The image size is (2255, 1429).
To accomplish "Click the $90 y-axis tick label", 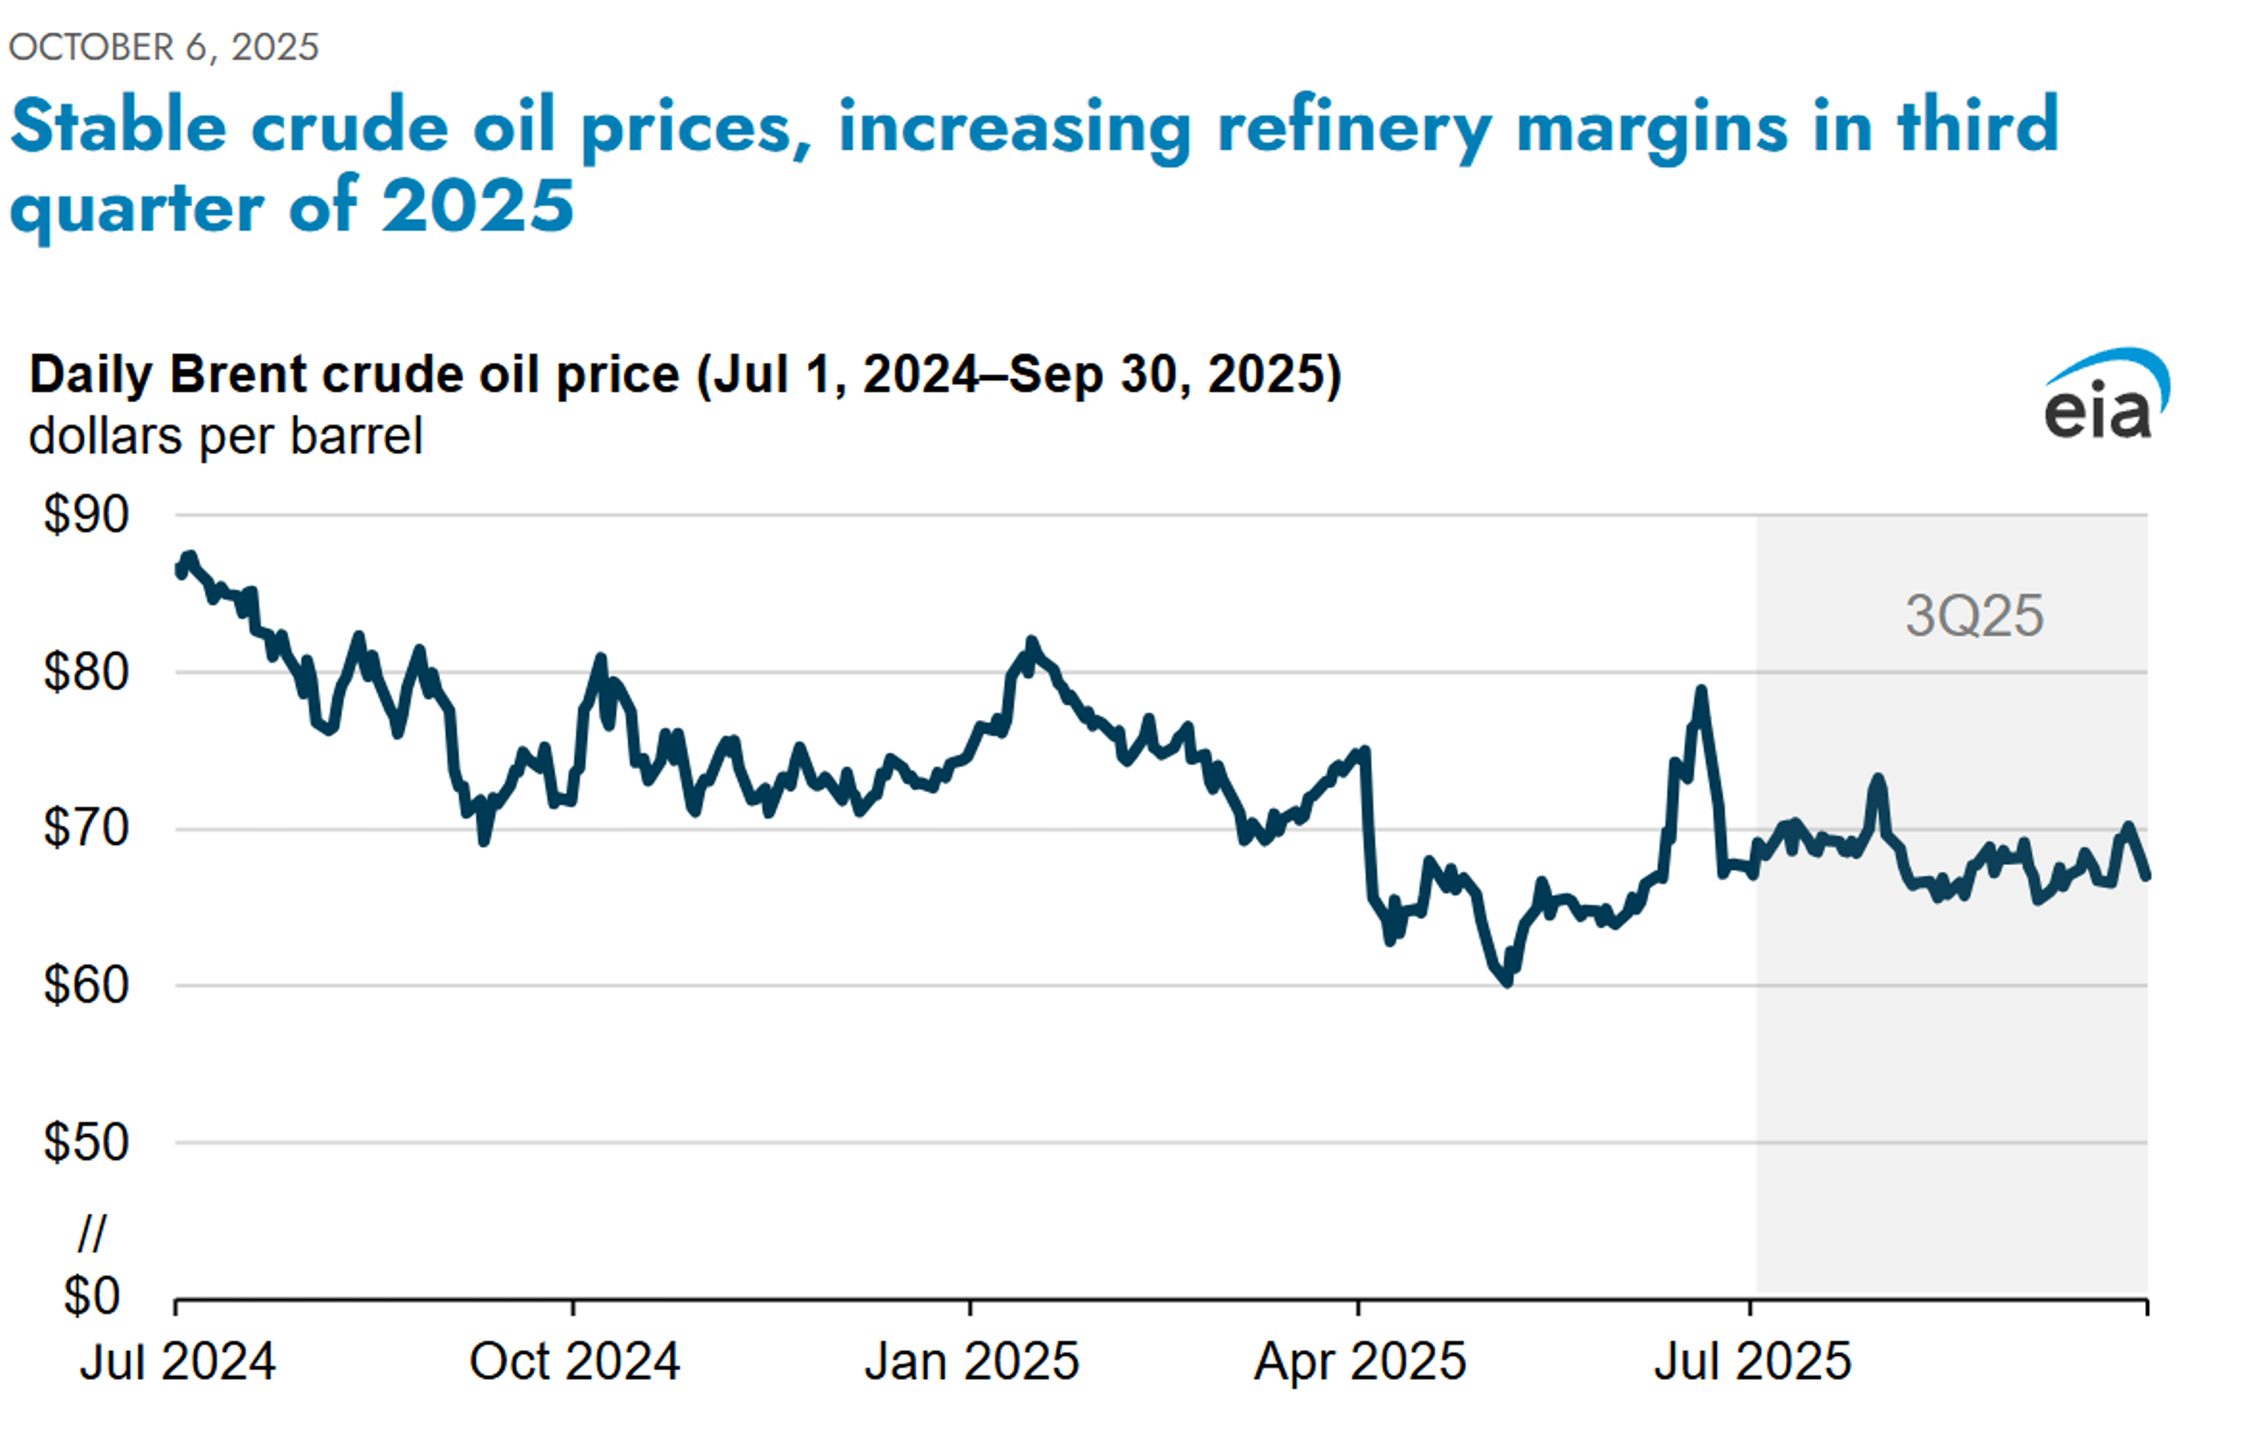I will coord(86,515).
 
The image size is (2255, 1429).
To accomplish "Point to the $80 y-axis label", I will coord(86,672).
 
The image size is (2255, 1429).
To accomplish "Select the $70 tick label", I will coord(86,829).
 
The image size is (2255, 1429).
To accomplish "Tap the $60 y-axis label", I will coord(86,986).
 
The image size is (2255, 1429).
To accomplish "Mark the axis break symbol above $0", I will coord(92,1233).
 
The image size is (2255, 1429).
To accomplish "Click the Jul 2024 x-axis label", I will coord(178,1361).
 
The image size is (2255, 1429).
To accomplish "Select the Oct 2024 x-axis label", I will coord(574,1361).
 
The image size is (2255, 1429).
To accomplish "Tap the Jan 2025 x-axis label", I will coord(971,1361).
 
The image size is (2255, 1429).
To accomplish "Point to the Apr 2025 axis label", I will coord(1359,1361).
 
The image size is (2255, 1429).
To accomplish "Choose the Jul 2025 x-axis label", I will coord(1752,1361).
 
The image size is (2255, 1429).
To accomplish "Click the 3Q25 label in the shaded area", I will coord(1974,616).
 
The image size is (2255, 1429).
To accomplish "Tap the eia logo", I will coord(2105,396).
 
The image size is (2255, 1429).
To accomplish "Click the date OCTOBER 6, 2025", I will coord(164,47).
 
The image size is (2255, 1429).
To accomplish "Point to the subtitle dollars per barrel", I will coord(225,436).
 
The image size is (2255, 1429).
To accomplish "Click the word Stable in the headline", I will coord(119,126).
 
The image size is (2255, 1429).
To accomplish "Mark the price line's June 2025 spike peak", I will coord(1701,690).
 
